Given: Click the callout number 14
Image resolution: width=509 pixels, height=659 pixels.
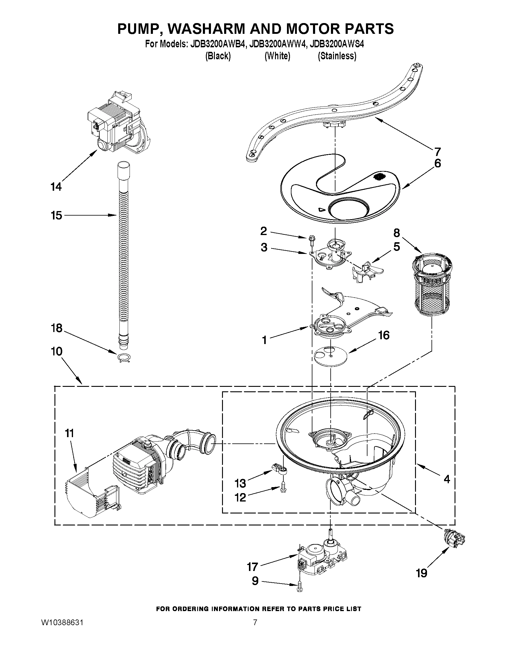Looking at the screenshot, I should [56, 187].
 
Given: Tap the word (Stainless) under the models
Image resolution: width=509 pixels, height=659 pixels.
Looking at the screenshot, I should [337, 56].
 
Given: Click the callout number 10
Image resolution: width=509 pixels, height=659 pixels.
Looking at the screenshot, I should [57, 351].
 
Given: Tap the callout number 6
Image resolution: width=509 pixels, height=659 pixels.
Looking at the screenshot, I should [437, 163].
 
